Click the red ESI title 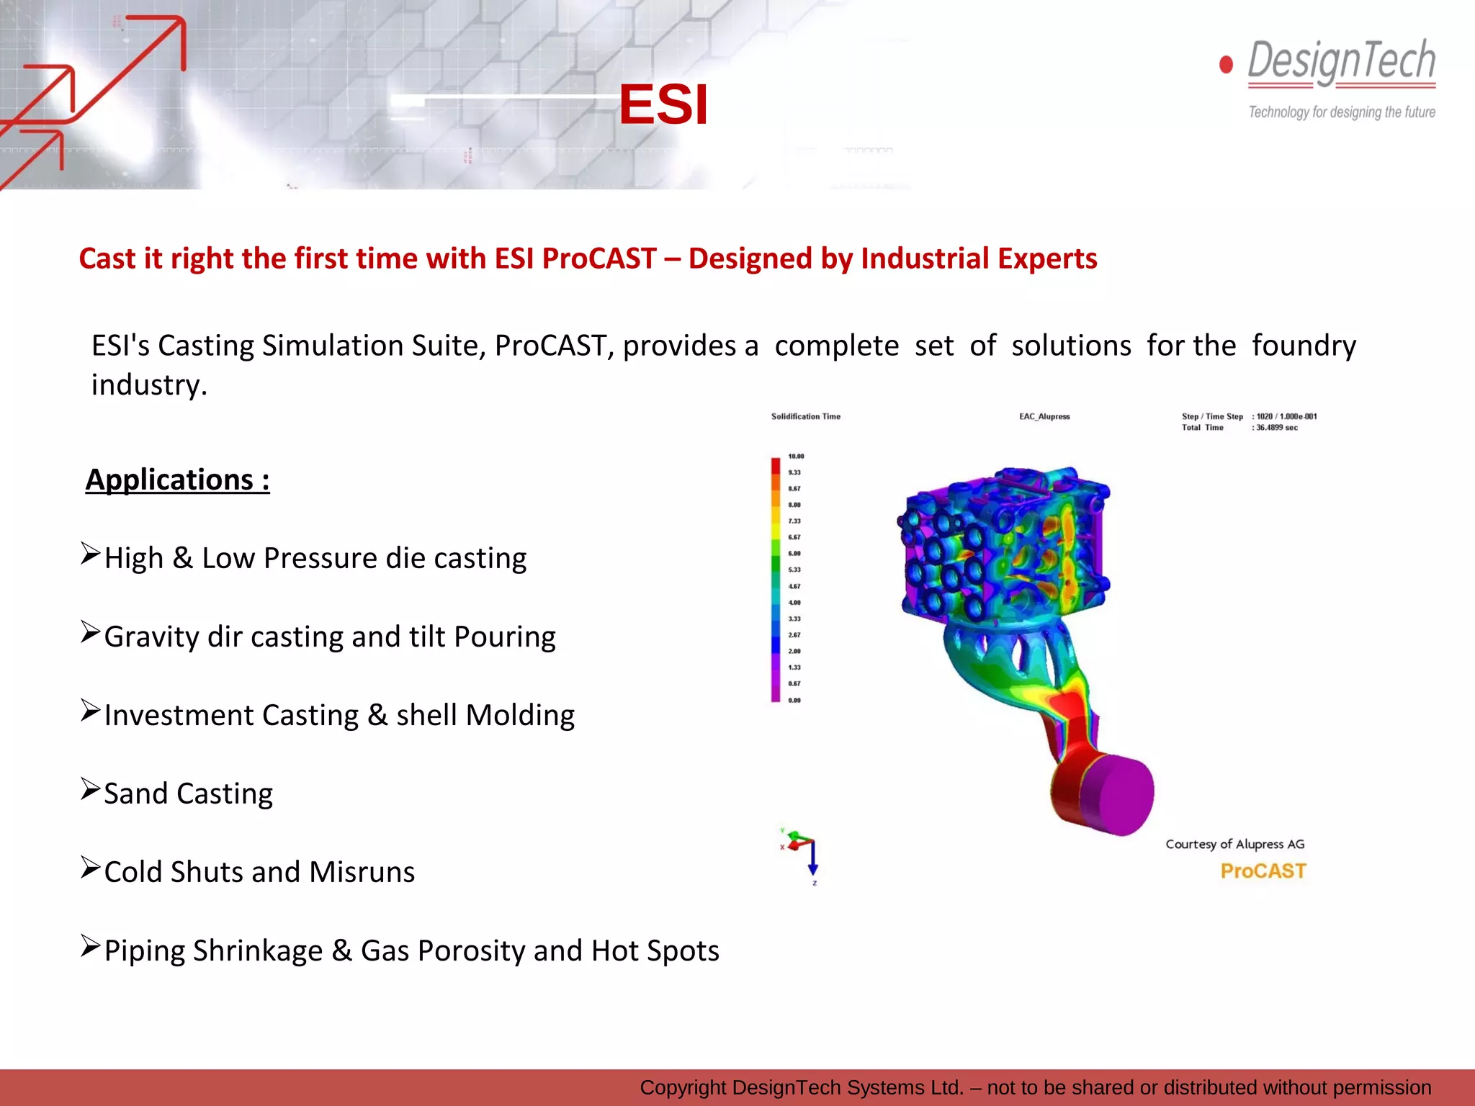tap(663, 105)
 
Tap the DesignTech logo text tap(1341, 61)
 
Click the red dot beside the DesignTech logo tap(1226, 65)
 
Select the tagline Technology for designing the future tap(1341, 112)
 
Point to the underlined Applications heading tap(177, 480)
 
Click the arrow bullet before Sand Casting tap(90, 790)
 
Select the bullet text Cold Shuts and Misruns tap(259, 872)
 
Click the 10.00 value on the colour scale tap(796, 457)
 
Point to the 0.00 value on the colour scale tap(794, 700)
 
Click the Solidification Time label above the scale tap(805, 416)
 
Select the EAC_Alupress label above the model tap(1044, 416)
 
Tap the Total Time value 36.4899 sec tap(1276, 428)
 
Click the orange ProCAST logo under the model tap(1263, 871)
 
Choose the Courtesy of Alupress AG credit tap(1234, 844)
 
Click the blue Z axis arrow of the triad tap(812, 864)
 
